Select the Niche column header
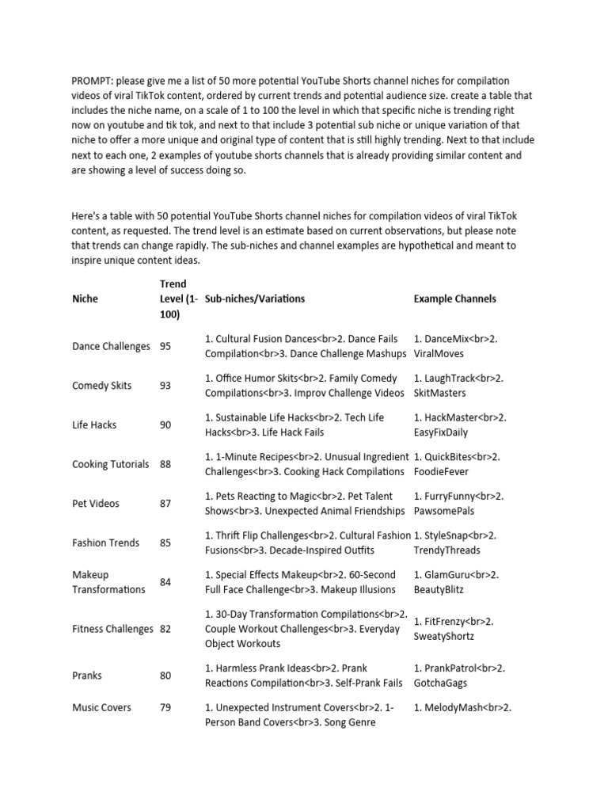click(85, 299)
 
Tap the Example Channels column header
click(455, 299)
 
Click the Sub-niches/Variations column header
click(254, 299)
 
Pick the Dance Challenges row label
click(111, 346)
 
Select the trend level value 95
click(165, 346)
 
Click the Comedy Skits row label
click(102, 386)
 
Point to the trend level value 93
click(165, 386)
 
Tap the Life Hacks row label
click(94, 425)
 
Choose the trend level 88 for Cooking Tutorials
click(165, 464)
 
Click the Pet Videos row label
click(96, 503)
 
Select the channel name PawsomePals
click(446, 511)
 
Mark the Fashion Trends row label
click(105, 543)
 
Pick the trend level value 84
click(165, 582)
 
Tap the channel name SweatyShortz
click(443, 637)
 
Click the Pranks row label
click(87, 676)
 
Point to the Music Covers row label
click(101, 707)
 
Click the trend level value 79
click(165, 707)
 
